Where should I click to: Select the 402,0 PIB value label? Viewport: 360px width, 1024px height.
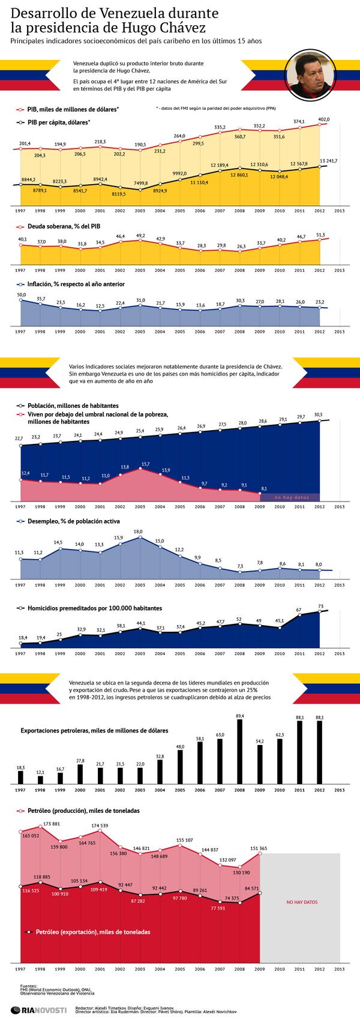[323, 119]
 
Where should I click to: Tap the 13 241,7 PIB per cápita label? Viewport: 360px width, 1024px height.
[328, 161]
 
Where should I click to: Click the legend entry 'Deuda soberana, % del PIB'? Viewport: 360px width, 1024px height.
[64, 227]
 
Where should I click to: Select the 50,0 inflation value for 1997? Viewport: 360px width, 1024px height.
[22, 295]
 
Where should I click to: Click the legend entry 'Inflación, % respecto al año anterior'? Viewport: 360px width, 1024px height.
[76, 284]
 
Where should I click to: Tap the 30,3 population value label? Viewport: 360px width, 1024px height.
[318, 415]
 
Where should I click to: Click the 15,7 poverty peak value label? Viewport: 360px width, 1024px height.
[145, 464]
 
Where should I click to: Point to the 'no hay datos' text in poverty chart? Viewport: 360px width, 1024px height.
[291, 497]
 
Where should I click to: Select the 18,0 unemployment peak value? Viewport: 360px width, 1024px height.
[138, 531]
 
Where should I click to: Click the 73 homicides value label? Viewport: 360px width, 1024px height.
[320, 606]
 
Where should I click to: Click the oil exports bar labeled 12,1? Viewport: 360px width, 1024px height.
[40, 779]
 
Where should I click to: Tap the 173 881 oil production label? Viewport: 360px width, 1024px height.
[51, 824]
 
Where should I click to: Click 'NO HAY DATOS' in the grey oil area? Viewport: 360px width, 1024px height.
[302, 902]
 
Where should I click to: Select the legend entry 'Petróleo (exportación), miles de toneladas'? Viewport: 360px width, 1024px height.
[92, 932]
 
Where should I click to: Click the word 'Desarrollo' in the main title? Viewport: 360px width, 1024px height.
[44, 13]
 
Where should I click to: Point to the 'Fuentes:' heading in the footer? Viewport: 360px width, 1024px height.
[28, 986]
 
